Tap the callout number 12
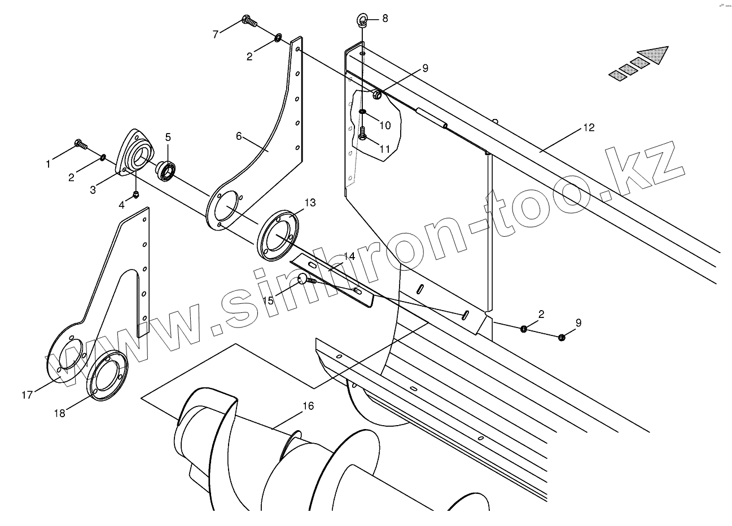(x=589, y=128)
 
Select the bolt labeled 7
(x=249, y=21)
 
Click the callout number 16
(x=308, y=406)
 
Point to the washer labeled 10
(x=362, y=111)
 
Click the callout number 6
(x=239, y=136)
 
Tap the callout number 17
(x=27, y=395)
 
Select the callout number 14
(x=349, y=257)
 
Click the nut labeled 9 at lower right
(x=562, y=337)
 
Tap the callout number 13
(x=310, y=202)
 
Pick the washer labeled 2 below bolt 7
(x=278, y=38)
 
